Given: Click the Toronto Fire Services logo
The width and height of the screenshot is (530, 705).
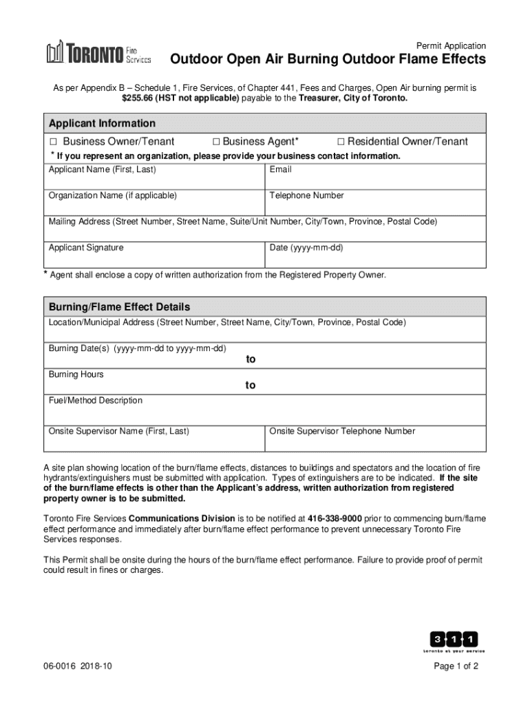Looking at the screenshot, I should pyautogui.click(x=98, y=53).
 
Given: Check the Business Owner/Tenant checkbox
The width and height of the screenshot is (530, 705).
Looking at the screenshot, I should pyautogui.click(x=53, y=142).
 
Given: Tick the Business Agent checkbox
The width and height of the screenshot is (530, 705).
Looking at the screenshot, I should pyautogui.click(x=216, y=142).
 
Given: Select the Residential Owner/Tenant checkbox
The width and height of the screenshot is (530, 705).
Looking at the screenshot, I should pyautogui.click(x=341, y=142).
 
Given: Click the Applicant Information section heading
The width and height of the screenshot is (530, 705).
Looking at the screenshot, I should pyautogui.click(x=102, y=123).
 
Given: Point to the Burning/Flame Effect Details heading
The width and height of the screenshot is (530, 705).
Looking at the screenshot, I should pyautogui.click(x=119, y=306).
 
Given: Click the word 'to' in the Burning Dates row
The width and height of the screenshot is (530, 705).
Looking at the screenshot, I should pyautogui.click(x=251, y=359).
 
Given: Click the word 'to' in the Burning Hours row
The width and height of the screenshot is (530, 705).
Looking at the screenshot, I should pyautogui.click(x=251, y=386).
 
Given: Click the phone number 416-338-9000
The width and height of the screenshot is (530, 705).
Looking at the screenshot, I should pyautogui.click(x=335, y=518).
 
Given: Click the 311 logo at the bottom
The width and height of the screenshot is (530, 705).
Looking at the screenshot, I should pyautogui.click(x=454, y=640).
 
